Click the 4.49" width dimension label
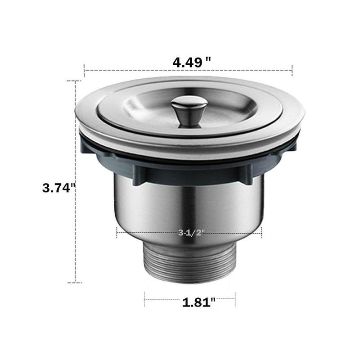(192, 62)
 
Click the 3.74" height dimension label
(58, 188)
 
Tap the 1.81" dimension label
(198, 302)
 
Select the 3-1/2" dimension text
(191, 233)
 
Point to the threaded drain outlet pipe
(189, 265)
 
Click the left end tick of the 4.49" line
(85, 70)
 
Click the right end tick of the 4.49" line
(292, 70)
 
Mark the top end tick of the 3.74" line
(74, 81)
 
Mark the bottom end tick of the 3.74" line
(74, 283)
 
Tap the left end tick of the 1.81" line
(144, 297)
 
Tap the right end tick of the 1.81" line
(235, 297)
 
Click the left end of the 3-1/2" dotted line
(117, 233)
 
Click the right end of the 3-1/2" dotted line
(261, 233)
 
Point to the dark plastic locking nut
(189, 169)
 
